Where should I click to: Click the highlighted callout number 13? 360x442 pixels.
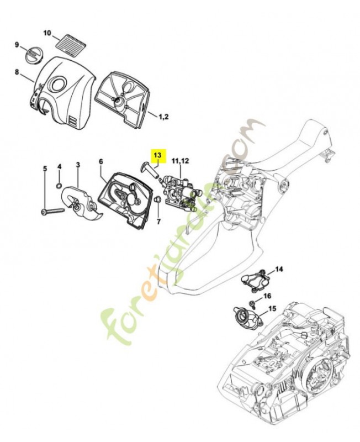(157, 156)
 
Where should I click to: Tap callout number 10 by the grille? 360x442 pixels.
(47, 33)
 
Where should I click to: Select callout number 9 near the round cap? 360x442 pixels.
(17, 45)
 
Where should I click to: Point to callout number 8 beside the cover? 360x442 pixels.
(17, 72)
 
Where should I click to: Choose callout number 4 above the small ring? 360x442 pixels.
(60, 166)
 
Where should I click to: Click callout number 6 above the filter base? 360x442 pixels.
(101, 161)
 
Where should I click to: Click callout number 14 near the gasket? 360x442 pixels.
(279, 269)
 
